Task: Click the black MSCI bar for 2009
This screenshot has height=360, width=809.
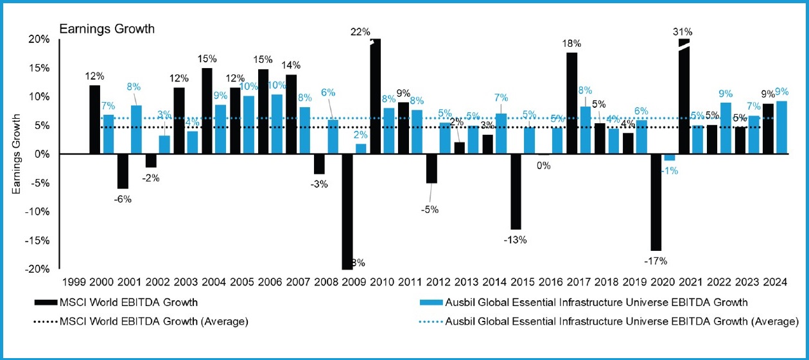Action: [x=347, y=212]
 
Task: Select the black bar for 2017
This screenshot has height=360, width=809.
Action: [x=571, y=103]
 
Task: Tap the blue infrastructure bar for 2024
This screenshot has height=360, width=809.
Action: [x=781, y=128]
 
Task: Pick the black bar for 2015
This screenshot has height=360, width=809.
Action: [x=516, y=191]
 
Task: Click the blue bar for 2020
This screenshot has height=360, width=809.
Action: [x=670, y=157]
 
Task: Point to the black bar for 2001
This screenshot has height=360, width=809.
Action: [x=123, y=171]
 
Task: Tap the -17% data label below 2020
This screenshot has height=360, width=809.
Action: [x=656, y=261]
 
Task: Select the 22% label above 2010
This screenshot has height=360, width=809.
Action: [x=360, y=31]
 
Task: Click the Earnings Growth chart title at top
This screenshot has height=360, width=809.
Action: [x=107, y=29]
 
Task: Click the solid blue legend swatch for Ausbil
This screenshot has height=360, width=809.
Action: [x=430, y=302]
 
